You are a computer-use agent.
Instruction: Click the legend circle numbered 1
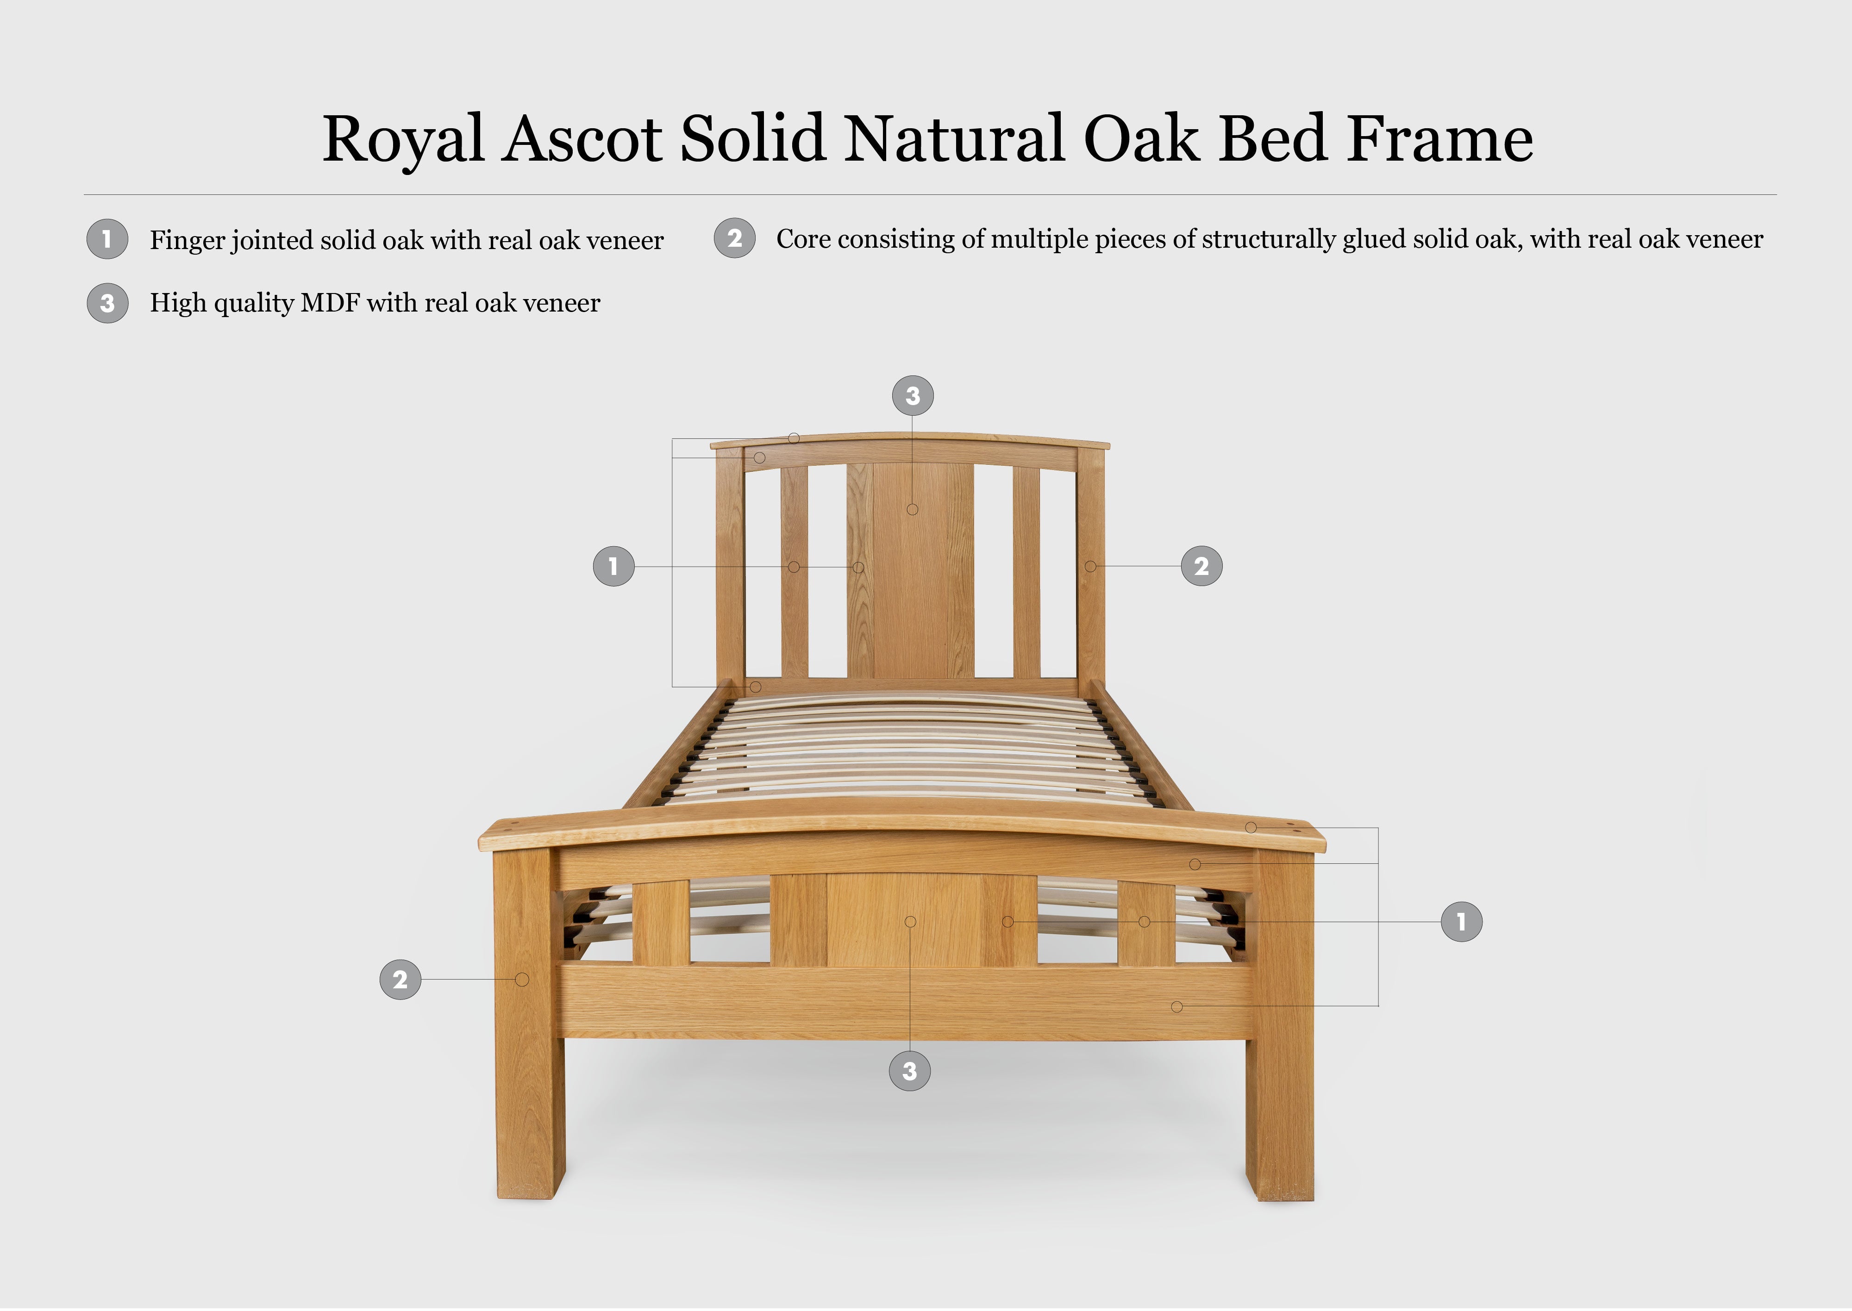(107, 239)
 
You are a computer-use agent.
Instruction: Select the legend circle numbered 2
(735, 238)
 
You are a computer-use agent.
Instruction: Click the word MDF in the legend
(329, 303)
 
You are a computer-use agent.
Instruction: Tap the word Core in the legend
(803, 239)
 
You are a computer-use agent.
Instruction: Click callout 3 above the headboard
(912, 395)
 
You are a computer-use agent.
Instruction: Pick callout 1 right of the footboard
(1461, 921)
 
